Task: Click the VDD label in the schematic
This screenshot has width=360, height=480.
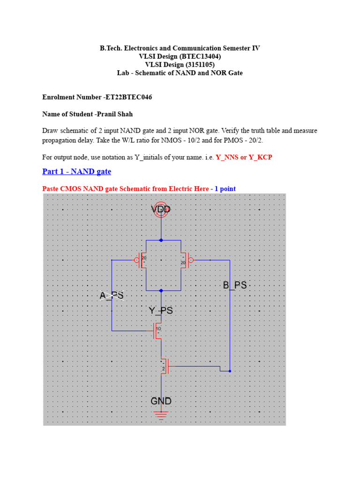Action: point(161,209)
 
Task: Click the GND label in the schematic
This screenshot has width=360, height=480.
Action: point(161,401)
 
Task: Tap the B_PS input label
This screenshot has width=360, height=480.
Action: point(234,285)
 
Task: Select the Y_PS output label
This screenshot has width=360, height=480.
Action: point(161,310)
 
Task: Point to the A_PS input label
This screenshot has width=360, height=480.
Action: point(112,296)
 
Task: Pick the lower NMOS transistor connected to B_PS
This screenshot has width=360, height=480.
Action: point(164,366)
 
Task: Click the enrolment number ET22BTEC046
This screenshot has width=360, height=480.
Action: point(124,97)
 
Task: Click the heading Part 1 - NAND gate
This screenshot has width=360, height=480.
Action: point(76,172)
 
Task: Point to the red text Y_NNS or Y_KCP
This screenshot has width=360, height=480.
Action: point(244,157)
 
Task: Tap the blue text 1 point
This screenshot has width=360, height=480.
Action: point(225,189)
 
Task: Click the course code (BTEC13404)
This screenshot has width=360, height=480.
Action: point(194,56)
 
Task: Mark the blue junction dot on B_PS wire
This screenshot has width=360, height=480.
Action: point(230,371)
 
